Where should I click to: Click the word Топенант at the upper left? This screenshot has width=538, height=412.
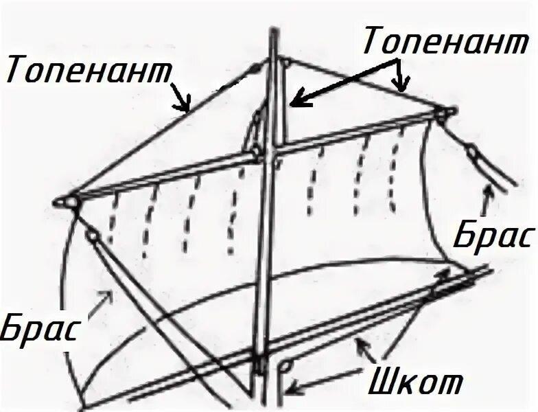click(89, 70)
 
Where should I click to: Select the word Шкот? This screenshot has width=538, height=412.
click(415, 380)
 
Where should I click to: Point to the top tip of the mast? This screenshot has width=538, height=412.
click(274, 29)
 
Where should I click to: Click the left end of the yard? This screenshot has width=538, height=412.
click(56, 203)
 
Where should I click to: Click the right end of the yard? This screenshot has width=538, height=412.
click(455, 111)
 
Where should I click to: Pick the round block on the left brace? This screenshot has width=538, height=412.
click(93, 236)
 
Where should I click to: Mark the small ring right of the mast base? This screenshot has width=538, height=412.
click(288, 366)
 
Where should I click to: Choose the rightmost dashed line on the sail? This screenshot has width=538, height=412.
click(395, 171)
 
